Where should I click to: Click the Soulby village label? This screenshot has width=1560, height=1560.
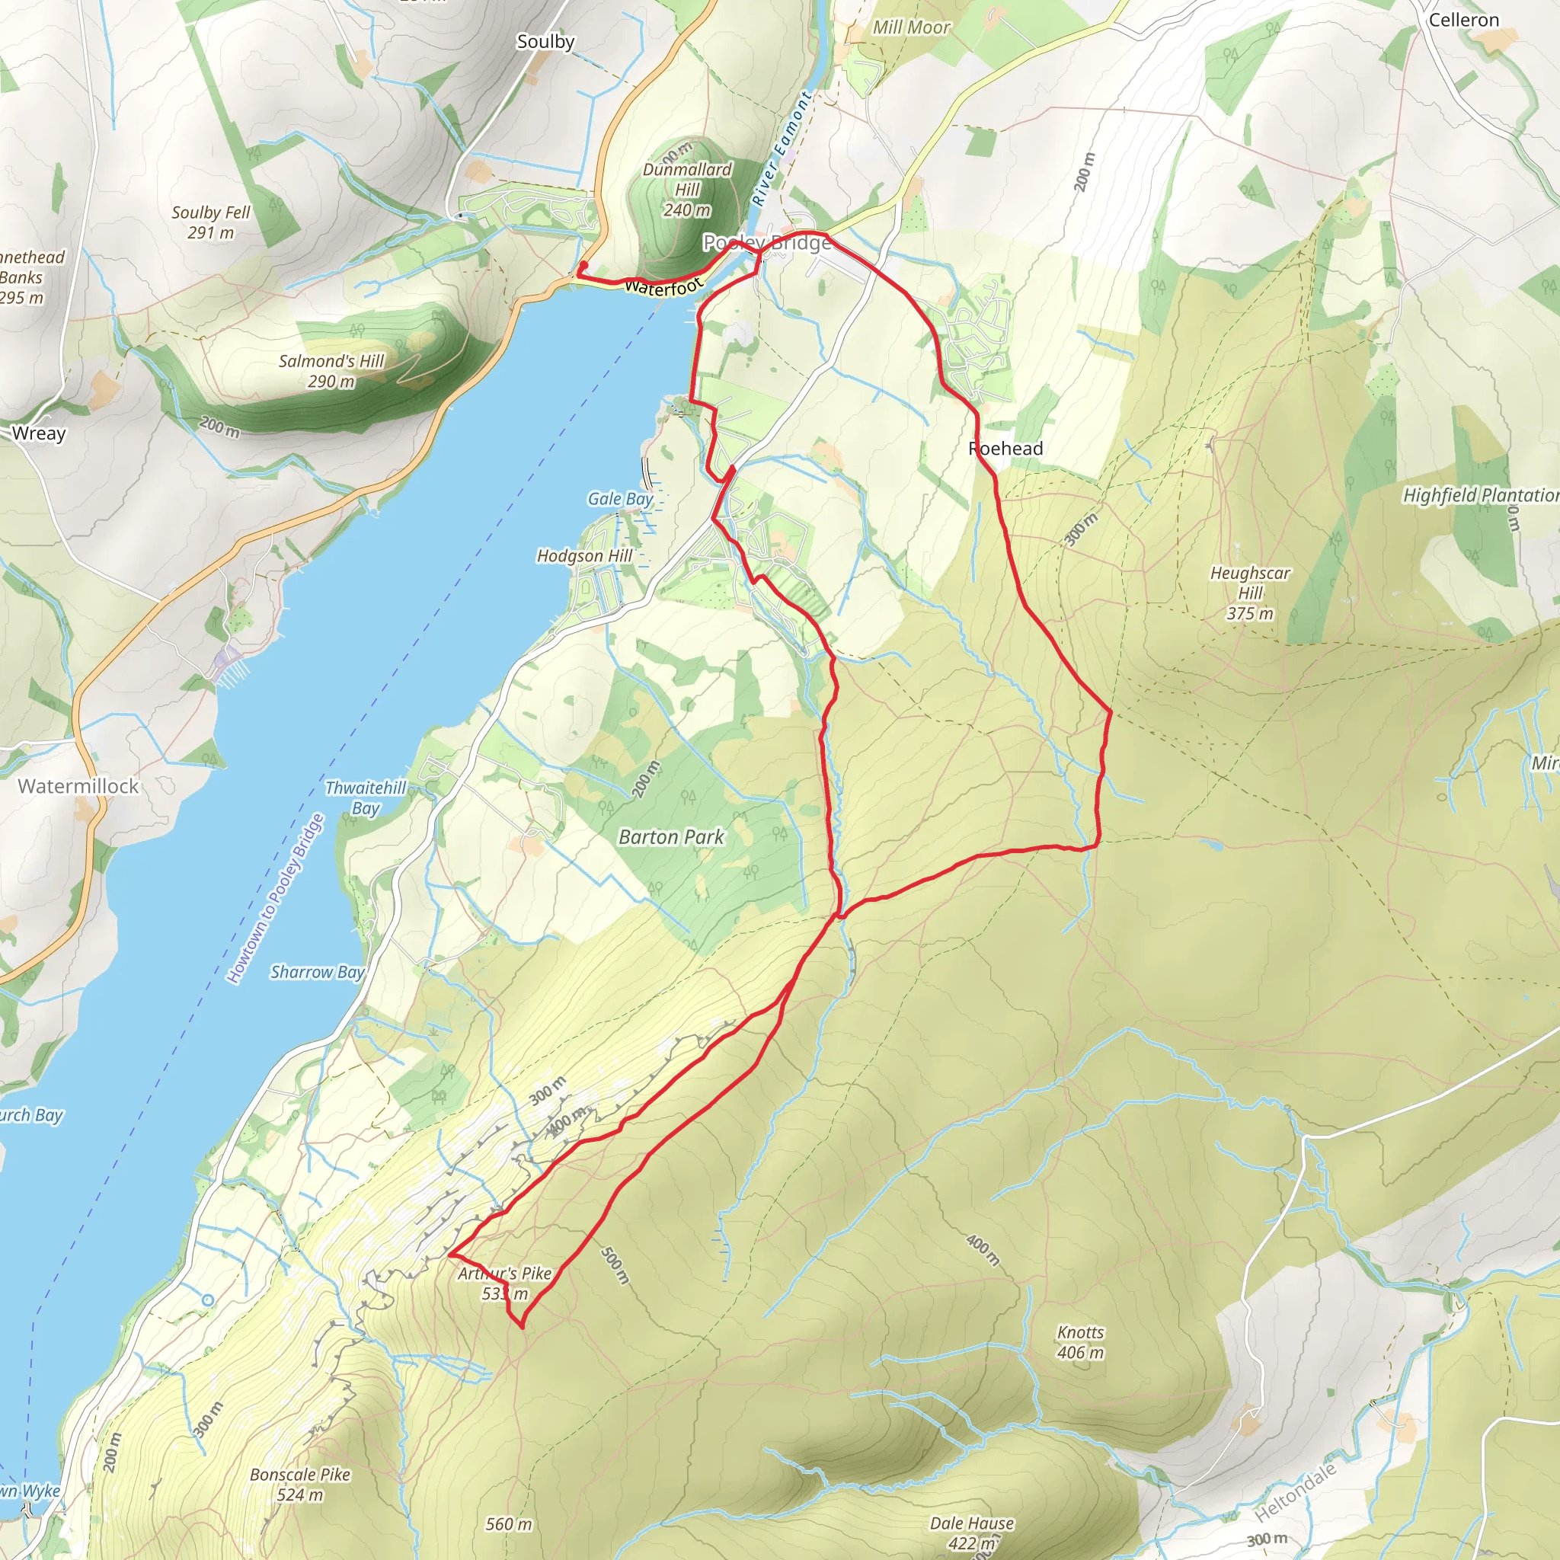546,41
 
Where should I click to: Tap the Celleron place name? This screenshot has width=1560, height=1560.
1463,21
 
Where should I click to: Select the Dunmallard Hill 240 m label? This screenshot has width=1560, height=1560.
687,190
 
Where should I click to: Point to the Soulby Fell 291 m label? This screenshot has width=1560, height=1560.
211,222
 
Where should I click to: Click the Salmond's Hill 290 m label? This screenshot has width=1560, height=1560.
331,371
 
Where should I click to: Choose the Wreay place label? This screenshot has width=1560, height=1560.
39,433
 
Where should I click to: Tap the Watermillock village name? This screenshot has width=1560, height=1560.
78,785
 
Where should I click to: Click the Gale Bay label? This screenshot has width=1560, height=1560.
620,499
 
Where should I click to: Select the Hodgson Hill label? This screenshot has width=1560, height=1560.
584,555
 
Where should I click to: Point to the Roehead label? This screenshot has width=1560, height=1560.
1005,448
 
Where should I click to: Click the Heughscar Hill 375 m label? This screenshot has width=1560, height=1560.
1250,593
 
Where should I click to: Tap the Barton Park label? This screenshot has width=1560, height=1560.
671,836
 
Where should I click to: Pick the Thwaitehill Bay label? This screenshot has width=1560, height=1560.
366,798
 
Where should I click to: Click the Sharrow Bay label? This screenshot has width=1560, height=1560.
317,971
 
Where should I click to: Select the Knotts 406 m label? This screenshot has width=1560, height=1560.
1080,1342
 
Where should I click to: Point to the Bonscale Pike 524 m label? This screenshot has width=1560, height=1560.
300,1484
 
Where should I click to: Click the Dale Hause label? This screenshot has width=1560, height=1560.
972,1523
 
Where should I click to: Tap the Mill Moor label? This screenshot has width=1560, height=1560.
912,27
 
